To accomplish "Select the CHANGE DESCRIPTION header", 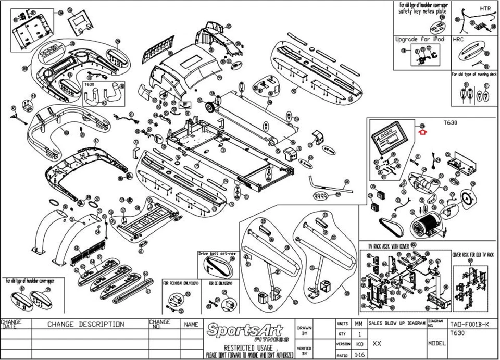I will [x=86, y=324].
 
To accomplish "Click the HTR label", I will [x=485, y=9].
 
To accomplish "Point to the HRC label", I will [x=458, y=39].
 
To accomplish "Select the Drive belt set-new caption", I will [x=217, y=254].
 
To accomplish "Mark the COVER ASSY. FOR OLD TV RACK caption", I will [x=474, y=249].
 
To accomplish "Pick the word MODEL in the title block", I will [x=436, y=344].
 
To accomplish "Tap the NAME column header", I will [x=191, y=324].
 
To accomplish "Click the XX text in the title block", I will [x=377, y=344].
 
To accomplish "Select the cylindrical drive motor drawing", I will [x=427, y=225].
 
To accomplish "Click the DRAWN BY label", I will [x=305, y=330].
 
